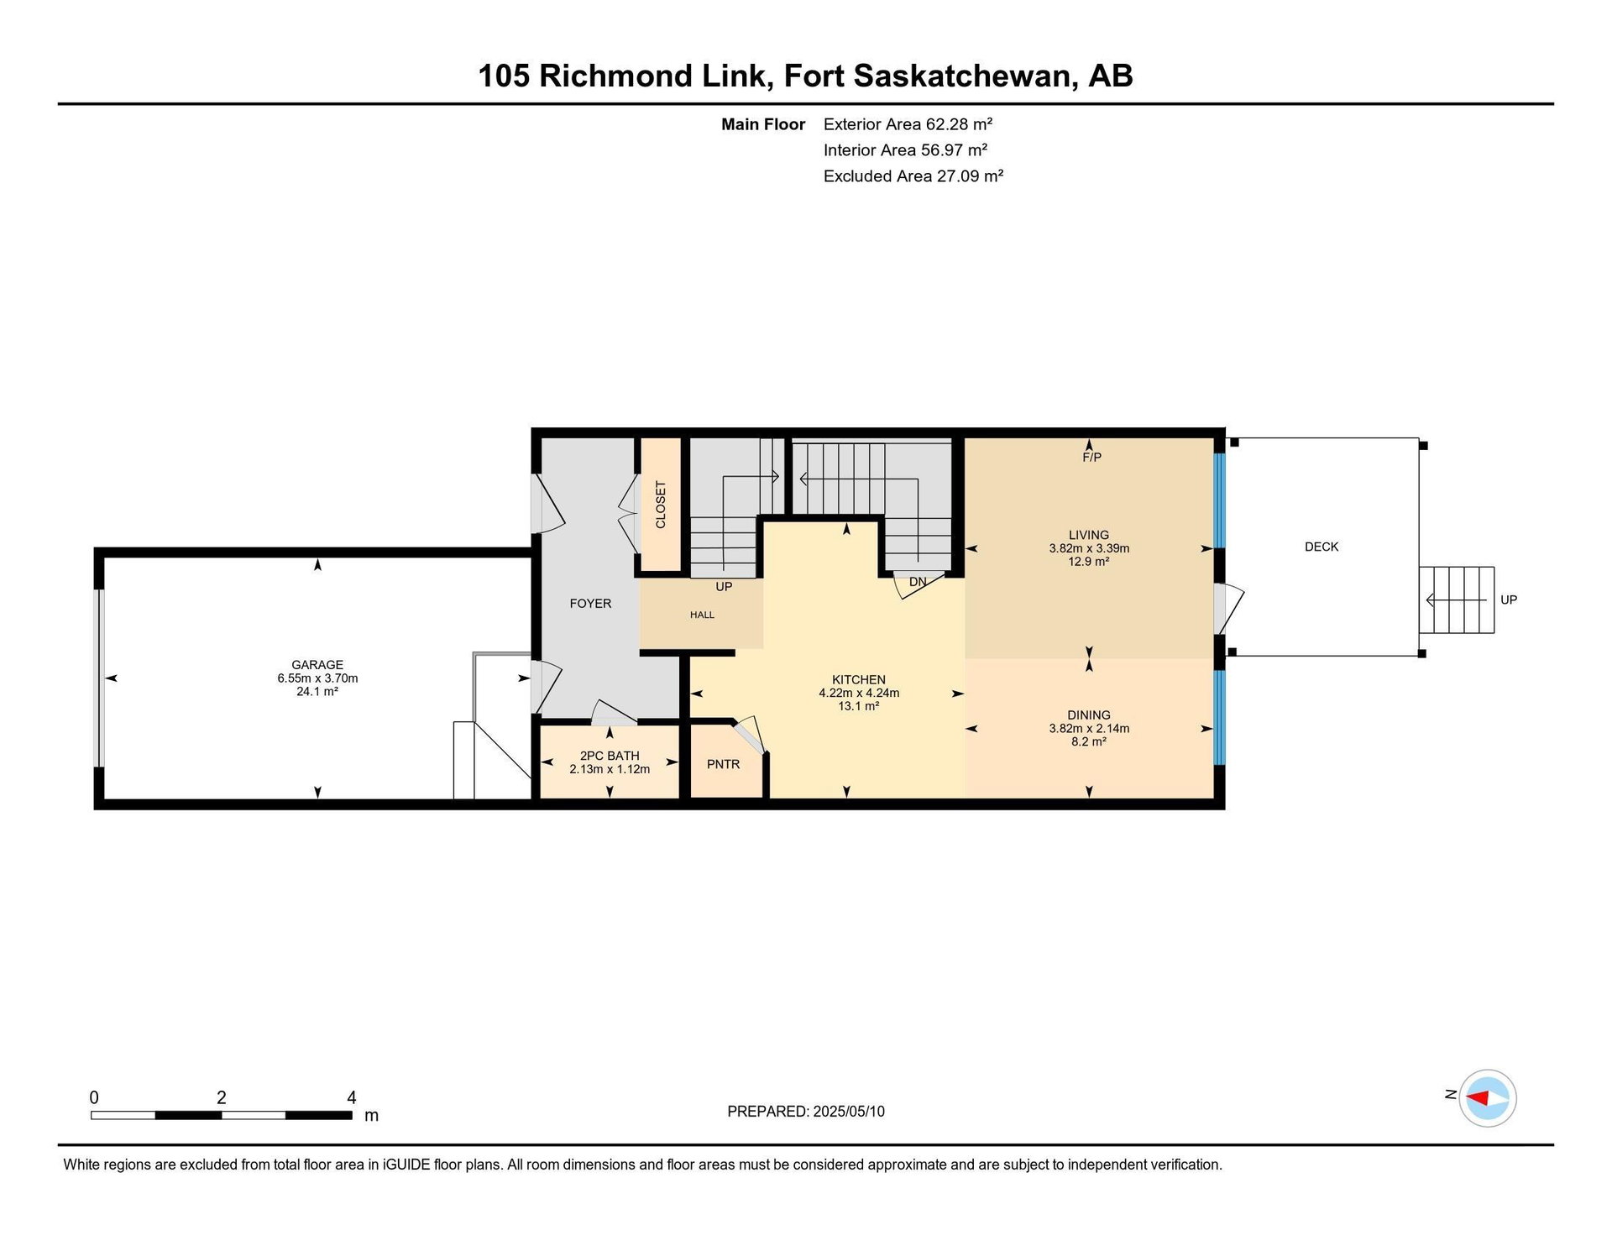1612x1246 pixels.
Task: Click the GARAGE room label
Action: (x=317, y=665)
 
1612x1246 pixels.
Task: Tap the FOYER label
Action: (x=590, y=604)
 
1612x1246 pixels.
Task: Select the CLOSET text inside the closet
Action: (x=661, y=505)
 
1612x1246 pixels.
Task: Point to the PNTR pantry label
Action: (x=724, y=764)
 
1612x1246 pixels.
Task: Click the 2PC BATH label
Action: (x=610, y=756)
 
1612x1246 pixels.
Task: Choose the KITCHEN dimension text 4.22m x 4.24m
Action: (x=859, y=693)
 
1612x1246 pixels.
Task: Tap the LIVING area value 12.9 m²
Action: (x=1089, y=562)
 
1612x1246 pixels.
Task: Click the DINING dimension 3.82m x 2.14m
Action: (x=1089, y=729)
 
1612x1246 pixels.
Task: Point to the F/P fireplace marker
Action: (x=1091, y=458)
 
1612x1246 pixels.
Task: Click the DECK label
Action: (x=1322, y=547)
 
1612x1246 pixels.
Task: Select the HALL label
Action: (x=703, y=615)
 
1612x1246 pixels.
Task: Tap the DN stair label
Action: (x=918, y=582)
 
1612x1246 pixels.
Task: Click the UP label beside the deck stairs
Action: (x=1509, y=600)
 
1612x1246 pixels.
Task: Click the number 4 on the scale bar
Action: (x=352, y=1097)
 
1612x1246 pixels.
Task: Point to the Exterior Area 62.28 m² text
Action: (x=908, y=124)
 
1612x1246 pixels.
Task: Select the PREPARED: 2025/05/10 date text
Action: (x=806, y=1112)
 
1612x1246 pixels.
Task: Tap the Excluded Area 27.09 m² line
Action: (x=913, y=176)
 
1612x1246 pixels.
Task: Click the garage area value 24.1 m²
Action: (x=317, y=692)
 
